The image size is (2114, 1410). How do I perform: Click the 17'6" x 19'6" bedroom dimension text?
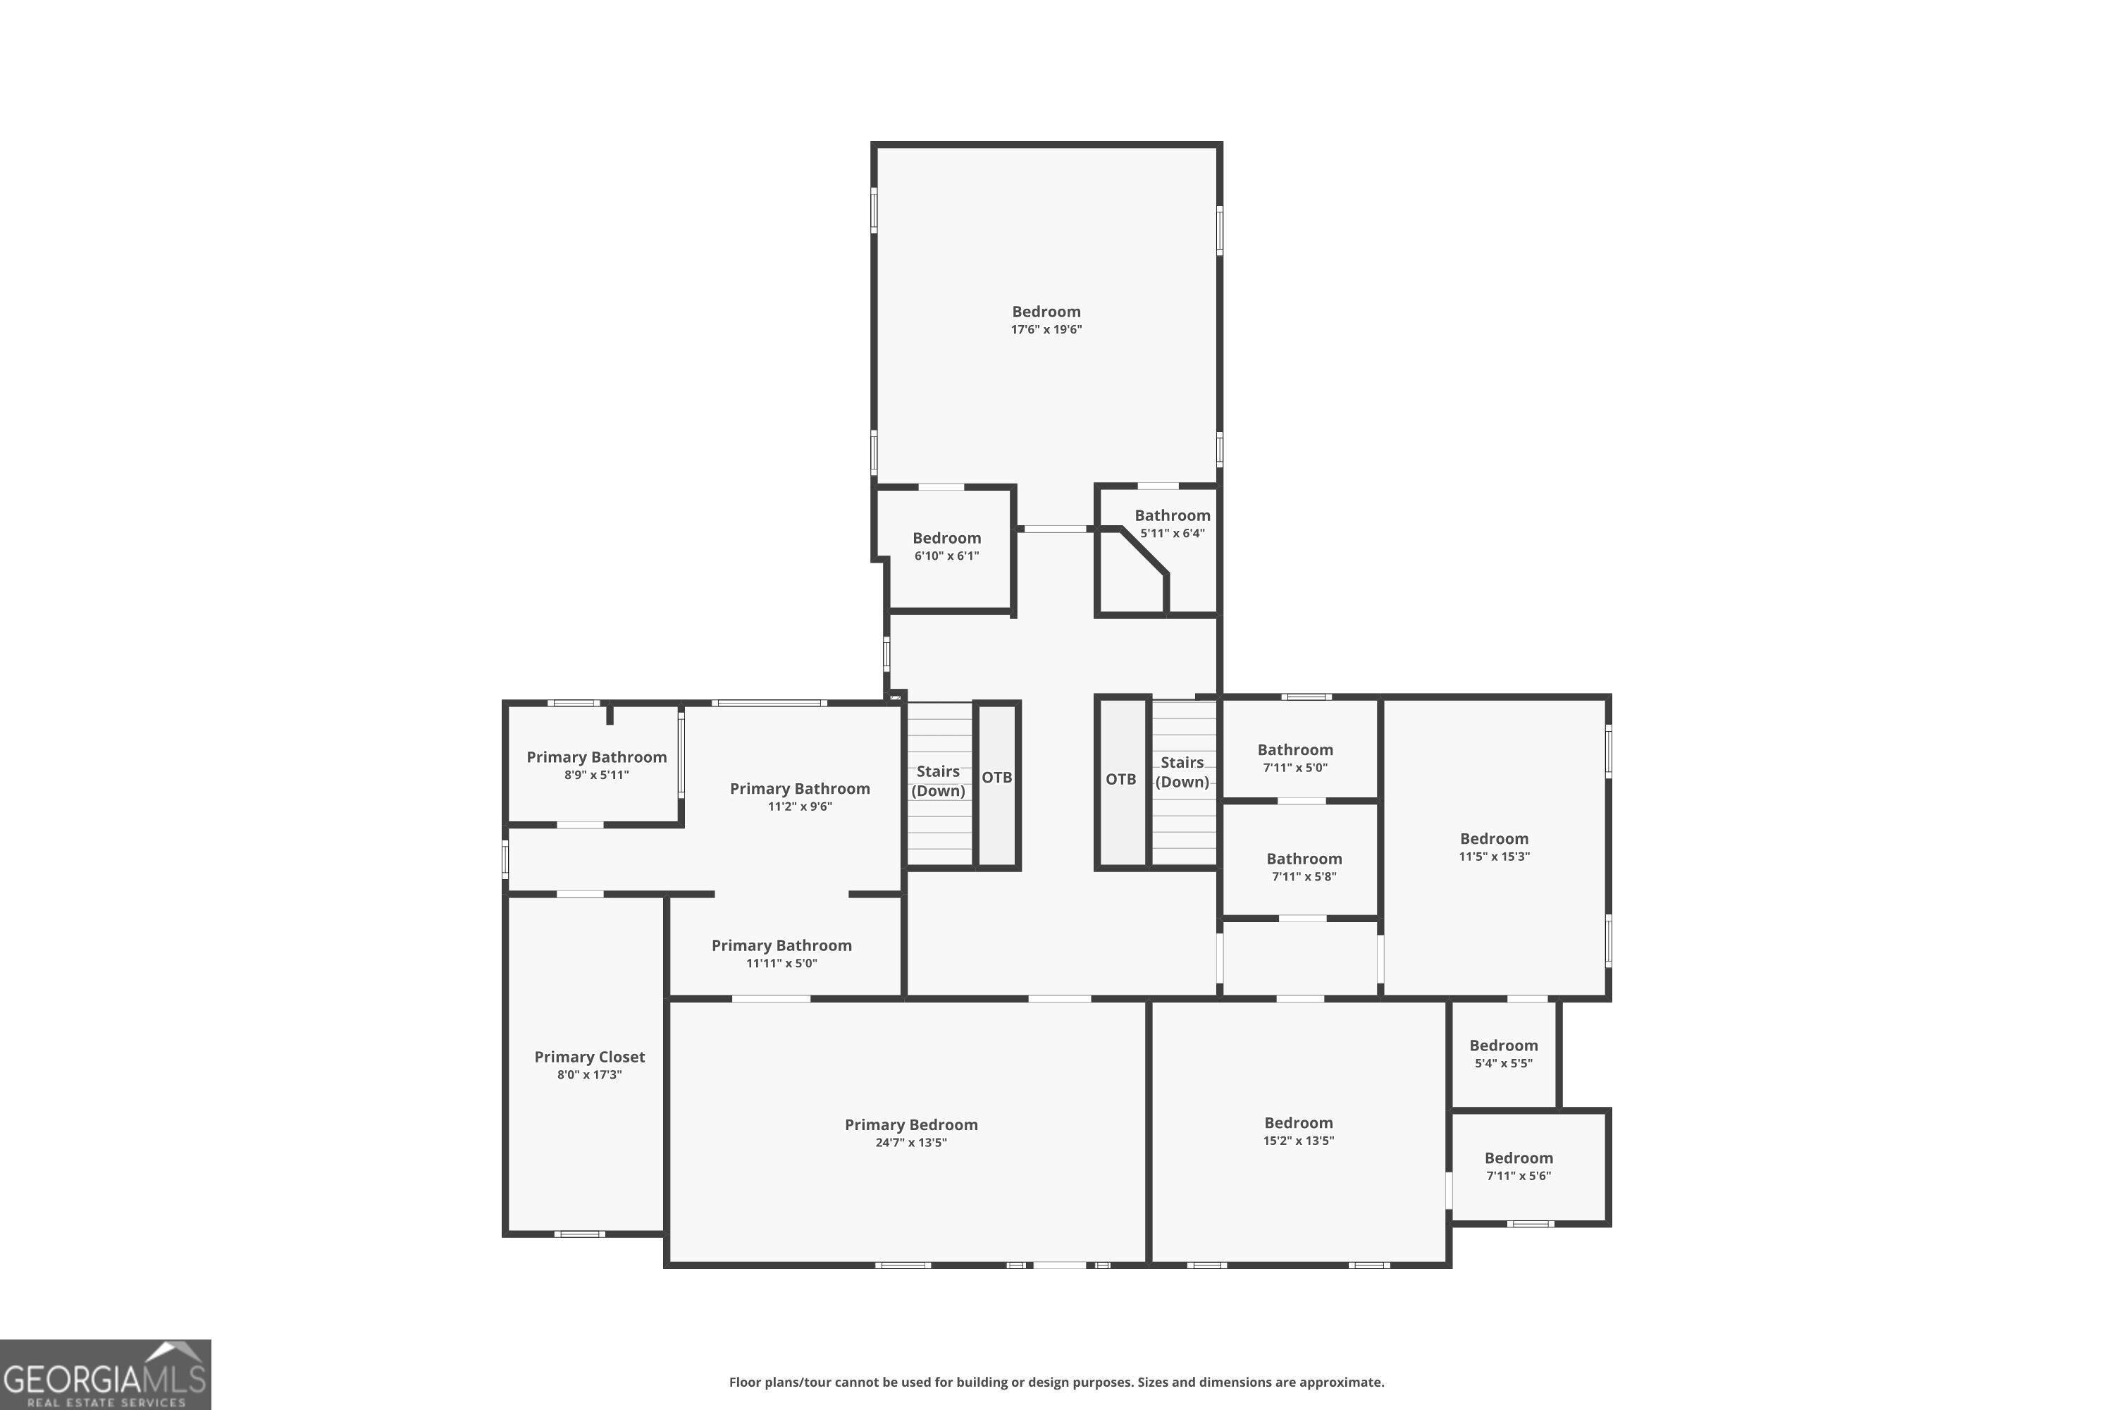coord(1046,329)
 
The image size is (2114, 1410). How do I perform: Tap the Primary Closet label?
coord(590,1057)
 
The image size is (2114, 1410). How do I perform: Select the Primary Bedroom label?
coord(911,1125)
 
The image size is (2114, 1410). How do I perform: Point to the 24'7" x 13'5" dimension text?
coord(911,1143)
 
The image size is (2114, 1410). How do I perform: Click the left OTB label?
coord(997,777)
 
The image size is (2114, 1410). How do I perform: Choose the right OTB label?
coord(1121,779)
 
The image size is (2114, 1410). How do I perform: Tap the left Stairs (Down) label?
coord(939,781)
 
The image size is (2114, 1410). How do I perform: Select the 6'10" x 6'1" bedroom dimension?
coord(947,556)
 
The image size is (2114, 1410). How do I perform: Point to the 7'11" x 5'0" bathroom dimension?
coord(1295,768)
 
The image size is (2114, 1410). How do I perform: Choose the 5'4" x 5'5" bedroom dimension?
coord(1504,1063)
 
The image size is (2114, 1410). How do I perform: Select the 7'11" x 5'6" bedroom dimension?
coord(1519,1176)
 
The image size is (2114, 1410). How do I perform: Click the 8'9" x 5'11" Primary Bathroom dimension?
coord(597,775)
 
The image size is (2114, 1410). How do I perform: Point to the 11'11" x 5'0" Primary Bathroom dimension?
coord(782,963)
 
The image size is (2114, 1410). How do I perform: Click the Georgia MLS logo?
coord(105,1374)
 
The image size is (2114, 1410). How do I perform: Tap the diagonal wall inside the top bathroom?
coord(1144,551)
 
